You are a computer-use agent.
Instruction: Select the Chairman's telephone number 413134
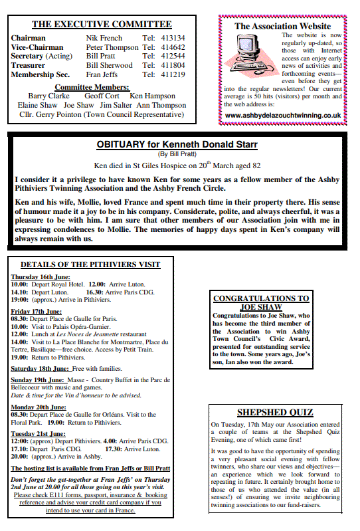tap(173, 39)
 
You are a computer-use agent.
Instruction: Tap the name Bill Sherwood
tap(109, 65)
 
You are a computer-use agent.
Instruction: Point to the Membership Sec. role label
tap(40, 74)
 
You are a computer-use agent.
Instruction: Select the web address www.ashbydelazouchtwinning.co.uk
tap(283, 115)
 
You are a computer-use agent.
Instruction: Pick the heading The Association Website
tap(282, 27)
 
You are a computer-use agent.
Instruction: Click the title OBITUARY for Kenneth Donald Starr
tap(177, 144)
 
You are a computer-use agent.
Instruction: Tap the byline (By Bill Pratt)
tap(177, 154)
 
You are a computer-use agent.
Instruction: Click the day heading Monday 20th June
tap(38, 407)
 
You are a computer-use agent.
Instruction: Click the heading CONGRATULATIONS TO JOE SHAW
tap(261, 303)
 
